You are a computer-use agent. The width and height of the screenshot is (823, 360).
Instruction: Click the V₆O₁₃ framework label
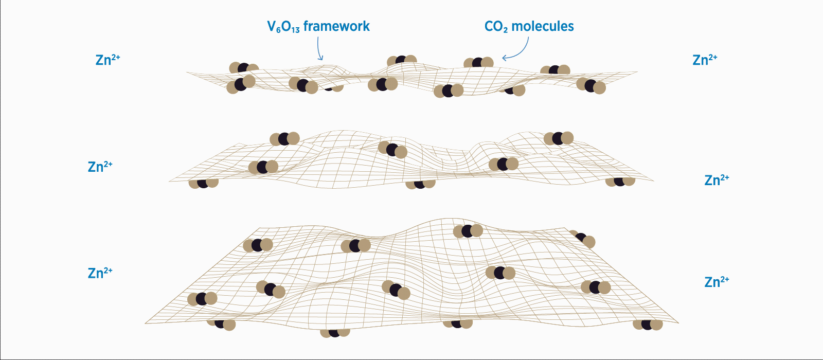[318, 27]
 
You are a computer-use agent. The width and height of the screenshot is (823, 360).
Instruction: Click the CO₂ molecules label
[529, 27]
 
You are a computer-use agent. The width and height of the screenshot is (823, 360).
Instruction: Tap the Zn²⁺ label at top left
[108, 60]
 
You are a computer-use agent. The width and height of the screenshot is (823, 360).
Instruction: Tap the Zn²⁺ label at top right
[705, 60]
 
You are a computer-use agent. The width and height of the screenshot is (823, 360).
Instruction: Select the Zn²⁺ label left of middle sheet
[100, 167]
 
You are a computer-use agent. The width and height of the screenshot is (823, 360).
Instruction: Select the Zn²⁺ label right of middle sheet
[717, 180]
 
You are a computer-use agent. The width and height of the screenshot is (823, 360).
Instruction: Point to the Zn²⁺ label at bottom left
[100, 273]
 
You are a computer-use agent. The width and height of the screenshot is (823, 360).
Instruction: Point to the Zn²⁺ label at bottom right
[717, 282]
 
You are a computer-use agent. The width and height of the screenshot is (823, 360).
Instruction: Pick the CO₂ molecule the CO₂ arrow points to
[478, 63]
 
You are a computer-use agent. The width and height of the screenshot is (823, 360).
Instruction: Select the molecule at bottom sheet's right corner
[648, 325]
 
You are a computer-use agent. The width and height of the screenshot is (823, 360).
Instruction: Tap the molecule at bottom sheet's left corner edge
[222, 324]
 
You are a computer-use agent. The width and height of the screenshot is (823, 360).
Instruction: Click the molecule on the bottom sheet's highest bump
[468, 231]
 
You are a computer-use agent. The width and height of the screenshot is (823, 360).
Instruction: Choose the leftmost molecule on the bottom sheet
[202, 298]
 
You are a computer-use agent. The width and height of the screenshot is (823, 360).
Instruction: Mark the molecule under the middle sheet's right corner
[620, 181]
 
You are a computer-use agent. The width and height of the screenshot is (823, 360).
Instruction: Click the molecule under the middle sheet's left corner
[204, 183]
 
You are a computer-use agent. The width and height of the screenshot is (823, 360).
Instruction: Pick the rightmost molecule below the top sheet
[591, 86]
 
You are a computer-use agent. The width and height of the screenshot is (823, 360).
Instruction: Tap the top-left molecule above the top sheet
[243, 68]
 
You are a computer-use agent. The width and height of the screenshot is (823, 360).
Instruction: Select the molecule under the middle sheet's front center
[420, 184]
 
